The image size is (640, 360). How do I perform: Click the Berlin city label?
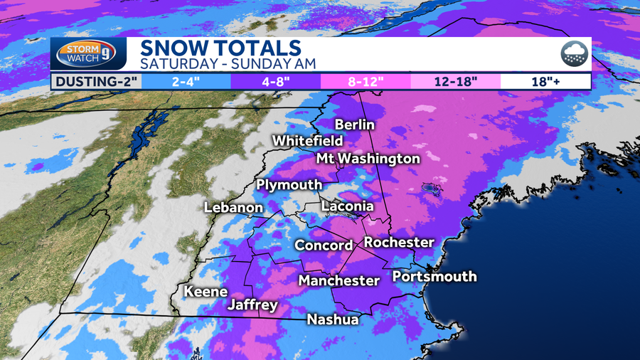pos(354,125)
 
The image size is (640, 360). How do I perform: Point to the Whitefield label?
pos(307,141)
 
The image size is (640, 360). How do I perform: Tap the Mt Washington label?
pos(368,158)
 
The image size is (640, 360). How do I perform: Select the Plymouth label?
pos(289,185)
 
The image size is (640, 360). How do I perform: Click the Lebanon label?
pos(233,208)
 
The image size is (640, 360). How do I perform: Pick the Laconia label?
pos(348,206)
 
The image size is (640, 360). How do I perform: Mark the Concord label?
pos(324,245)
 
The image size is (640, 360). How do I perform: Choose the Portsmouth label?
pos(434,276)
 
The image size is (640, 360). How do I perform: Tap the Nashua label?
pos(332,319)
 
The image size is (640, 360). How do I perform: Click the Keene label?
pos(206,291)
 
